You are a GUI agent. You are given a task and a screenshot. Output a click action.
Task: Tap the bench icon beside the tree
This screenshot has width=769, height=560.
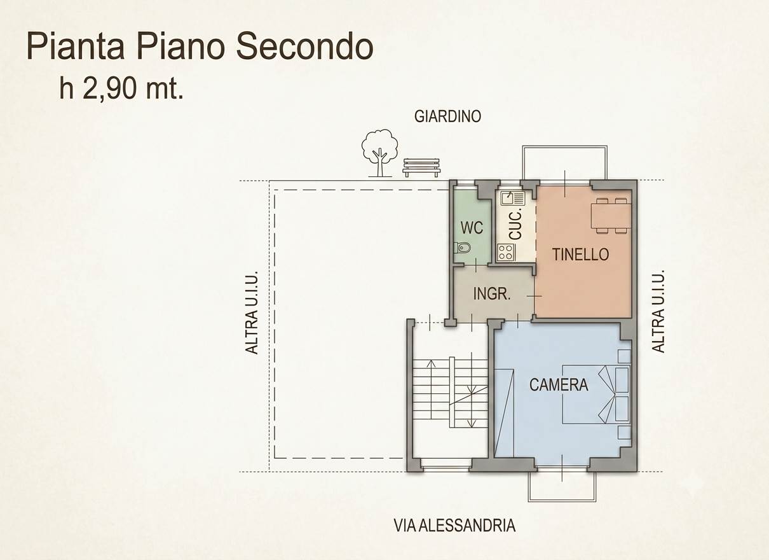421,167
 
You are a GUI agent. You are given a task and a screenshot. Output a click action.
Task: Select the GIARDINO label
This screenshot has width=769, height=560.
447,117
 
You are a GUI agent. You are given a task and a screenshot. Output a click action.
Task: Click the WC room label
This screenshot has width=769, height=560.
472,228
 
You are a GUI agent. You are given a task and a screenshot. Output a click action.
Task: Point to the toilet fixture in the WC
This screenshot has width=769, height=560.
460,247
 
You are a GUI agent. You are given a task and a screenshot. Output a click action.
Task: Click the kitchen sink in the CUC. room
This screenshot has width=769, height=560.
512,199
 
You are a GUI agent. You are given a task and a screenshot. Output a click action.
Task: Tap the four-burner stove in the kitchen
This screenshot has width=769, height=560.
506,252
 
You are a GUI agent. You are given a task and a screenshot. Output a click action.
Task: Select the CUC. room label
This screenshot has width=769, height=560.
515,224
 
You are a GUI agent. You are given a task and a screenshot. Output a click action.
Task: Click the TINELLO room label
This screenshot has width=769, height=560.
580,255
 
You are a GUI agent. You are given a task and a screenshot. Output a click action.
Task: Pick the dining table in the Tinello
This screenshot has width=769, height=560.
611,216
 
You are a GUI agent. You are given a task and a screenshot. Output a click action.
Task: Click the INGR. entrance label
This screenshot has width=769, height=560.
492,294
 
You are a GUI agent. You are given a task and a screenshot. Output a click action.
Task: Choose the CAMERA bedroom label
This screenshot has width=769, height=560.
559,384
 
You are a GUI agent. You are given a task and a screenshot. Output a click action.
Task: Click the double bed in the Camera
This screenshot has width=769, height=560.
596,394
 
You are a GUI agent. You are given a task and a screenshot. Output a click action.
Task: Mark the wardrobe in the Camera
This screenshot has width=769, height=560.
504,413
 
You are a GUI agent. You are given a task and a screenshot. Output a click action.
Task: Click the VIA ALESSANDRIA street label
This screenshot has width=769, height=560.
454,525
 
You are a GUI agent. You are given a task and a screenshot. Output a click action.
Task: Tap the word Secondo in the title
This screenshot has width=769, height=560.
304,47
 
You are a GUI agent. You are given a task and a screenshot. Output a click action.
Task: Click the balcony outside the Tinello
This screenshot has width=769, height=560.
565,163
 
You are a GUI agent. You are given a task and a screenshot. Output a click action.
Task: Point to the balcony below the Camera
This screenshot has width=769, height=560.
562,487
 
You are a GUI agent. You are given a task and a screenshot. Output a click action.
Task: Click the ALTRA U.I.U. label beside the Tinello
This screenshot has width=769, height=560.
658,311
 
